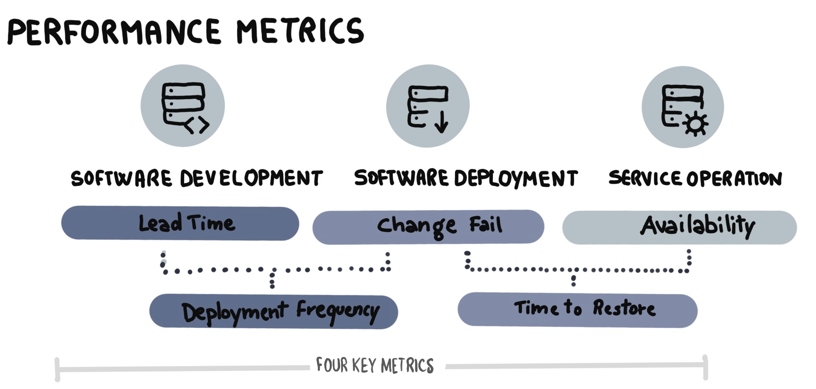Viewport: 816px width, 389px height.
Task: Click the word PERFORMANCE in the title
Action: (114, 32)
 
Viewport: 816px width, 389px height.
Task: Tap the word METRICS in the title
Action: (300, 31)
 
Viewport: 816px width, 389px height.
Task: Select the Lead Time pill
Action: (180, 223)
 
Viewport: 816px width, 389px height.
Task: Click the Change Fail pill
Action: (428, 227)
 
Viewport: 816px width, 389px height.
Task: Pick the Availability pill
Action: (679, 227)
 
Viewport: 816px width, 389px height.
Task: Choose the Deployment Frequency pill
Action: (273, 312)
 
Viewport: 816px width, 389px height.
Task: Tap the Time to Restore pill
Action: (577, 310)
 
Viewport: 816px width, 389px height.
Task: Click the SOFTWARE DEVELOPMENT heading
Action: (196, 178)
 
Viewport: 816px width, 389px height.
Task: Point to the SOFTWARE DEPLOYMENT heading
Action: (466, 178)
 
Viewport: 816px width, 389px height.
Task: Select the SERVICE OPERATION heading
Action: (695, 178)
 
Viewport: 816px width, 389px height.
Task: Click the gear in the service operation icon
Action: (695, 125)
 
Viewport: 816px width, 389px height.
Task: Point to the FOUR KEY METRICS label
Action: (375, 366)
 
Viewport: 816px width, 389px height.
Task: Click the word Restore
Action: (624, 308)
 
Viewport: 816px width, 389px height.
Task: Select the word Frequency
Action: (338, 312)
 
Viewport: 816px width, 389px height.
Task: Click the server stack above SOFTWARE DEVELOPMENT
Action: (183, 103)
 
